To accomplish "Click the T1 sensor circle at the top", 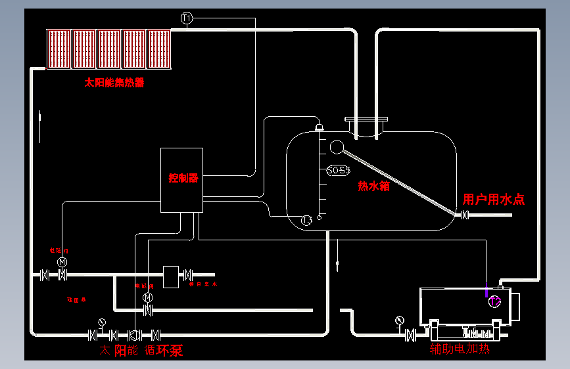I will [187, 18].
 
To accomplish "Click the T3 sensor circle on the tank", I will [306, 221].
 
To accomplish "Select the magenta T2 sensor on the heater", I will [495, 301].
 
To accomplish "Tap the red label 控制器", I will [183, 178].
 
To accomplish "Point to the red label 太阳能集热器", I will [114, 83].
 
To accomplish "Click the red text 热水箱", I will [373, 186].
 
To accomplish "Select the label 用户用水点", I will [494, 200].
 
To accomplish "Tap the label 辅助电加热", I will [460, 349].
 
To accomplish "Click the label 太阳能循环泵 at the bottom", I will [141, 351].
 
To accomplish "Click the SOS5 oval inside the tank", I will [338, 170].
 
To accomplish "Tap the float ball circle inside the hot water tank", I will [337, 147].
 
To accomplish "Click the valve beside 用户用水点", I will [465, 215].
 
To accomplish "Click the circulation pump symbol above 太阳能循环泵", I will [135, 334].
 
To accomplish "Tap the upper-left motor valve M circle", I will [62, 262].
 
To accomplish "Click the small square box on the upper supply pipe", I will [171, 276].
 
